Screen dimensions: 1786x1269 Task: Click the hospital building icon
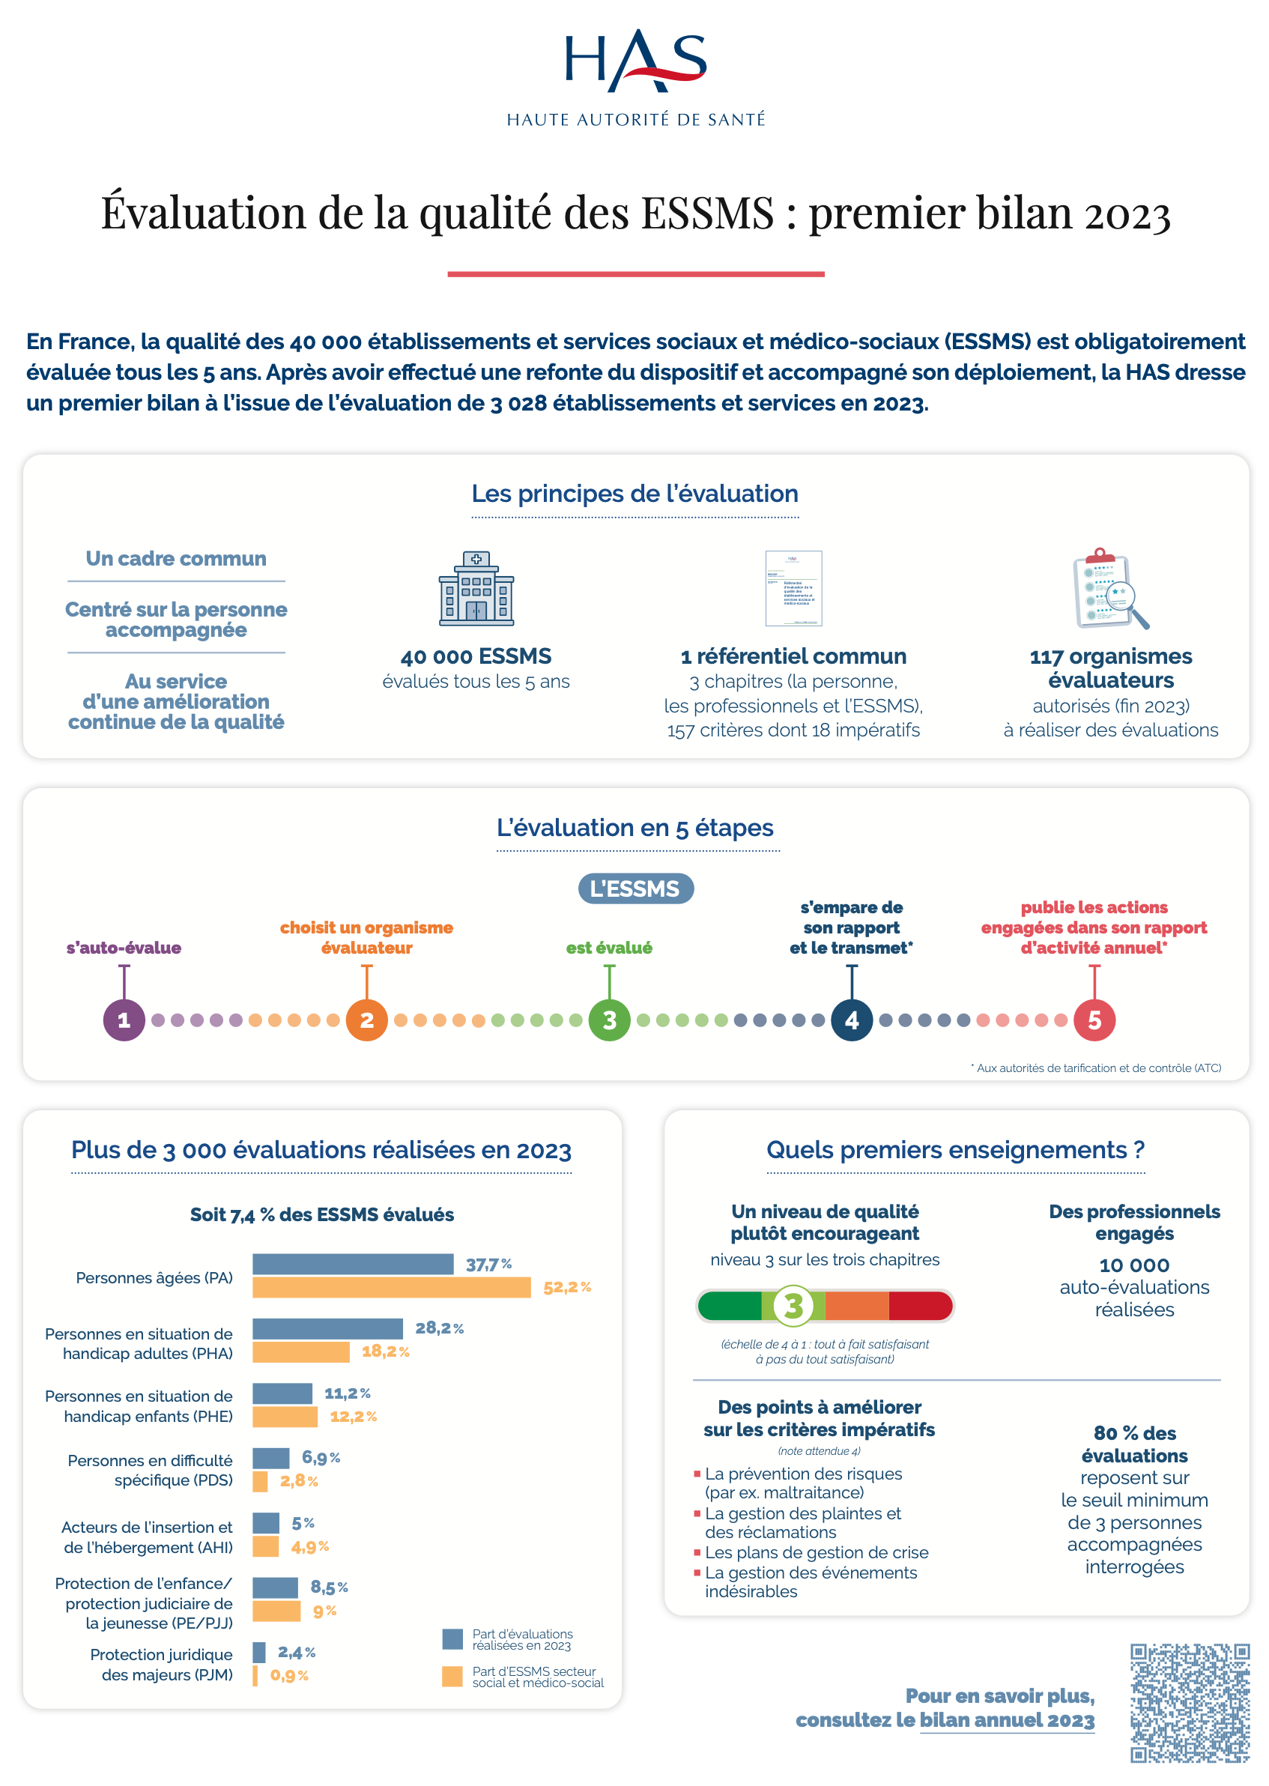[x=476, y=589]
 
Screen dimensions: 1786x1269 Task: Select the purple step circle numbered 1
[x=124, y=1020]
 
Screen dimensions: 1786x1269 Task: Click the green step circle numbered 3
[x=609, y=1020]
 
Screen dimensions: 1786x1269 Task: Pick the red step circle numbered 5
[x=1094, y=1020]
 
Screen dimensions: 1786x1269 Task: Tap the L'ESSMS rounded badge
[x=634, y=889]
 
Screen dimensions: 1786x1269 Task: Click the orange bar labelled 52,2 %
[x=391, y=1287]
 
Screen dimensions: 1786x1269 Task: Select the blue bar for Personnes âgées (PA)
[x=352, y=1263]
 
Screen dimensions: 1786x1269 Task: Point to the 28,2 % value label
[x=439, y=1328]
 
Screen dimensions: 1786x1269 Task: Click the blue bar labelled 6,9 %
[x=270, y=1458]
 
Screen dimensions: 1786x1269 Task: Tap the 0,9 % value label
[x=289, y=1675]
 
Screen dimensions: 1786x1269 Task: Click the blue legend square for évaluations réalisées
[x=452, y=1639]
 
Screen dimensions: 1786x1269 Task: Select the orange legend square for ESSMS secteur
[x=452, y=1677]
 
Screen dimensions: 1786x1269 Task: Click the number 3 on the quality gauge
[x=793, y=1306]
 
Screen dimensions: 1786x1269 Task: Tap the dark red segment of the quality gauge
[x=920, y=1306]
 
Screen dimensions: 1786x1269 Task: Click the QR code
[x=1190, y=1703]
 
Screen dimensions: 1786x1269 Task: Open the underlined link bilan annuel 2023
[x=1007, y=1720]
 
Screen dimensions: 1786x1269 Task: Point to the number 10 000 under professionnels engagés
[x=1134, y=1265]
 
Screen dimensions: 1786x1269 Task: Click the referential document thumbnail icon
[x=793, y=588]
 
